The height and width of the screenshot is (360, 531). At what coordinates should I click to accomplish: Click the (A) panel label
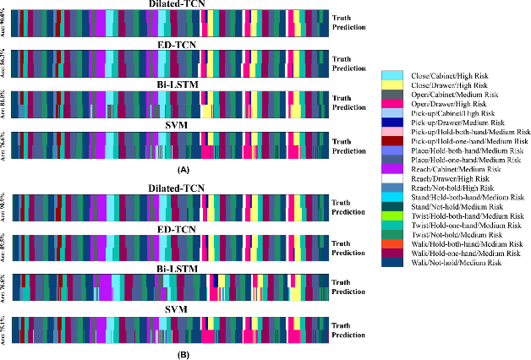click(x=178, y=169)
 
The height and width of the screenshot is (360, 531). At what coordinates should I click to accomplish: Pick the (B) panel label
click(x=178, y=355)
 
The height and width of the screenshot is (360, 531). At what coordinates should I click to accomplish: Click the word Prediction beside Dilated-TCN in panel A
click(x=350, y=27)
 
